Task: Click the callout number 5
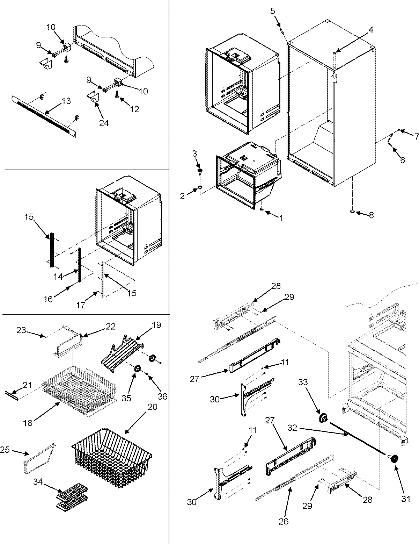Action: tap(273, 11)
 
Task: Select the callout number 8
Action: tap(371, 215)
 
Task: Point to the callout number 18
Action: tap(28, 422)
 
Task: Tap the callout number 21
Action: tap(27, 385)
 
